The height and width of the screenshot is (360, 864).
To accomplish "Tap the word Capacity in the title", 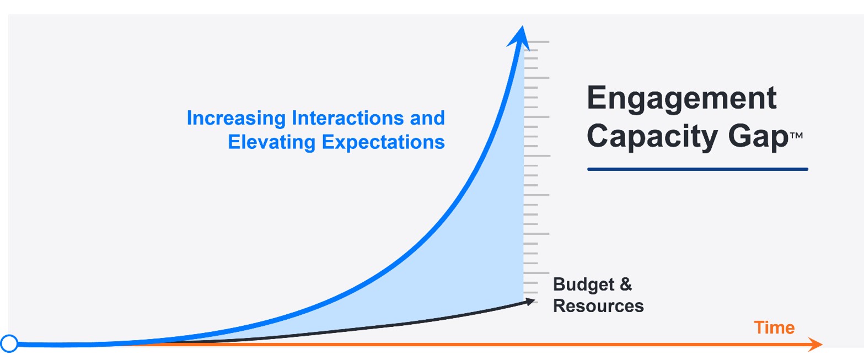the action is tap(652, 137).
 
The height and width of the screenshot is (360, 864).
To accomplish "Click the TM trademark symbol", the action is tap(797, 136).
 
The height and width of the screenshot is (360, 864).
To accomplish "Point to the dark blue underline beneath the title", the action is tap(697, 169).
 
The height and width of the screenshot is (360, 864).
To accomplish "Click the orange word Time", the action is tap(774, 327).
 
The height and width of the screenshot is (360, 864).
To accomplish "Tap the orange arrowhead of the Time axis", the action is tap(815, 344).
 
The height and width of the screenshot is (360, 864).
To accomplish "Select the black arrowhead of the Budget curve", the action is tap(530, 302).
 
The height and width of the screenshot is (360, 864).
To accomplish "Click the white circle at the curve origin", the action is tap(9, 343).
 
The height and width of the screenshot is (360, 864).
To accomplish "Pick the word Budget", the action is tap(583, 285).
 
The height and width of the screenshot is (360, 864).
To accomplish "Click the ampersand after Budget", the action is tap(626, 284).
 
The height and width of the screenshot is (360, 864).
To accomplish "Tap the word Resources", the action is tap(598, 306).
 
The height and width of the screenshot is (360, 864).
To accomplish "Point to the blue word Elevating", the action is tap(271, 142).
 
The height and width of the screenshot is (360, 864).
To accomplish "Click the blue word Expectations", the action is tap(383, 143).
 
